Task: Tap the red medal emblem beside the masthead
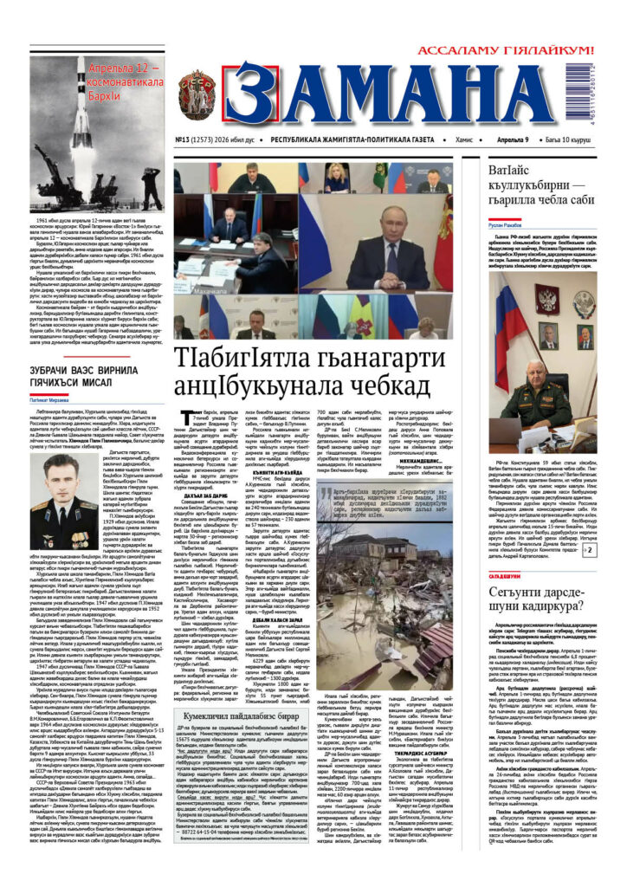(x=197, y=95)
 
